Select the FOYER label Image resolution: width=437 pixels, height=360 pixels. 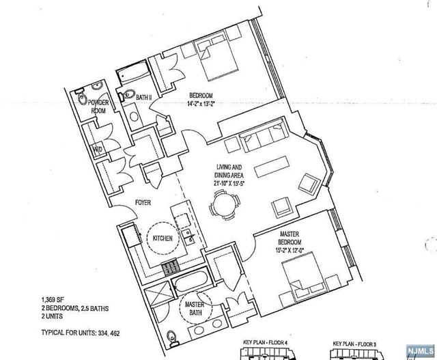coord(142,203)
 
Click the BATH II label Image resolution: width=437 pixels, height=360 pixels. coord(143,98)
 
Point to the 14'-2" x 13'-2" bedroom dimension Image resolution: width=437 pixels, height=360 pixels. coord(202,104)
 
